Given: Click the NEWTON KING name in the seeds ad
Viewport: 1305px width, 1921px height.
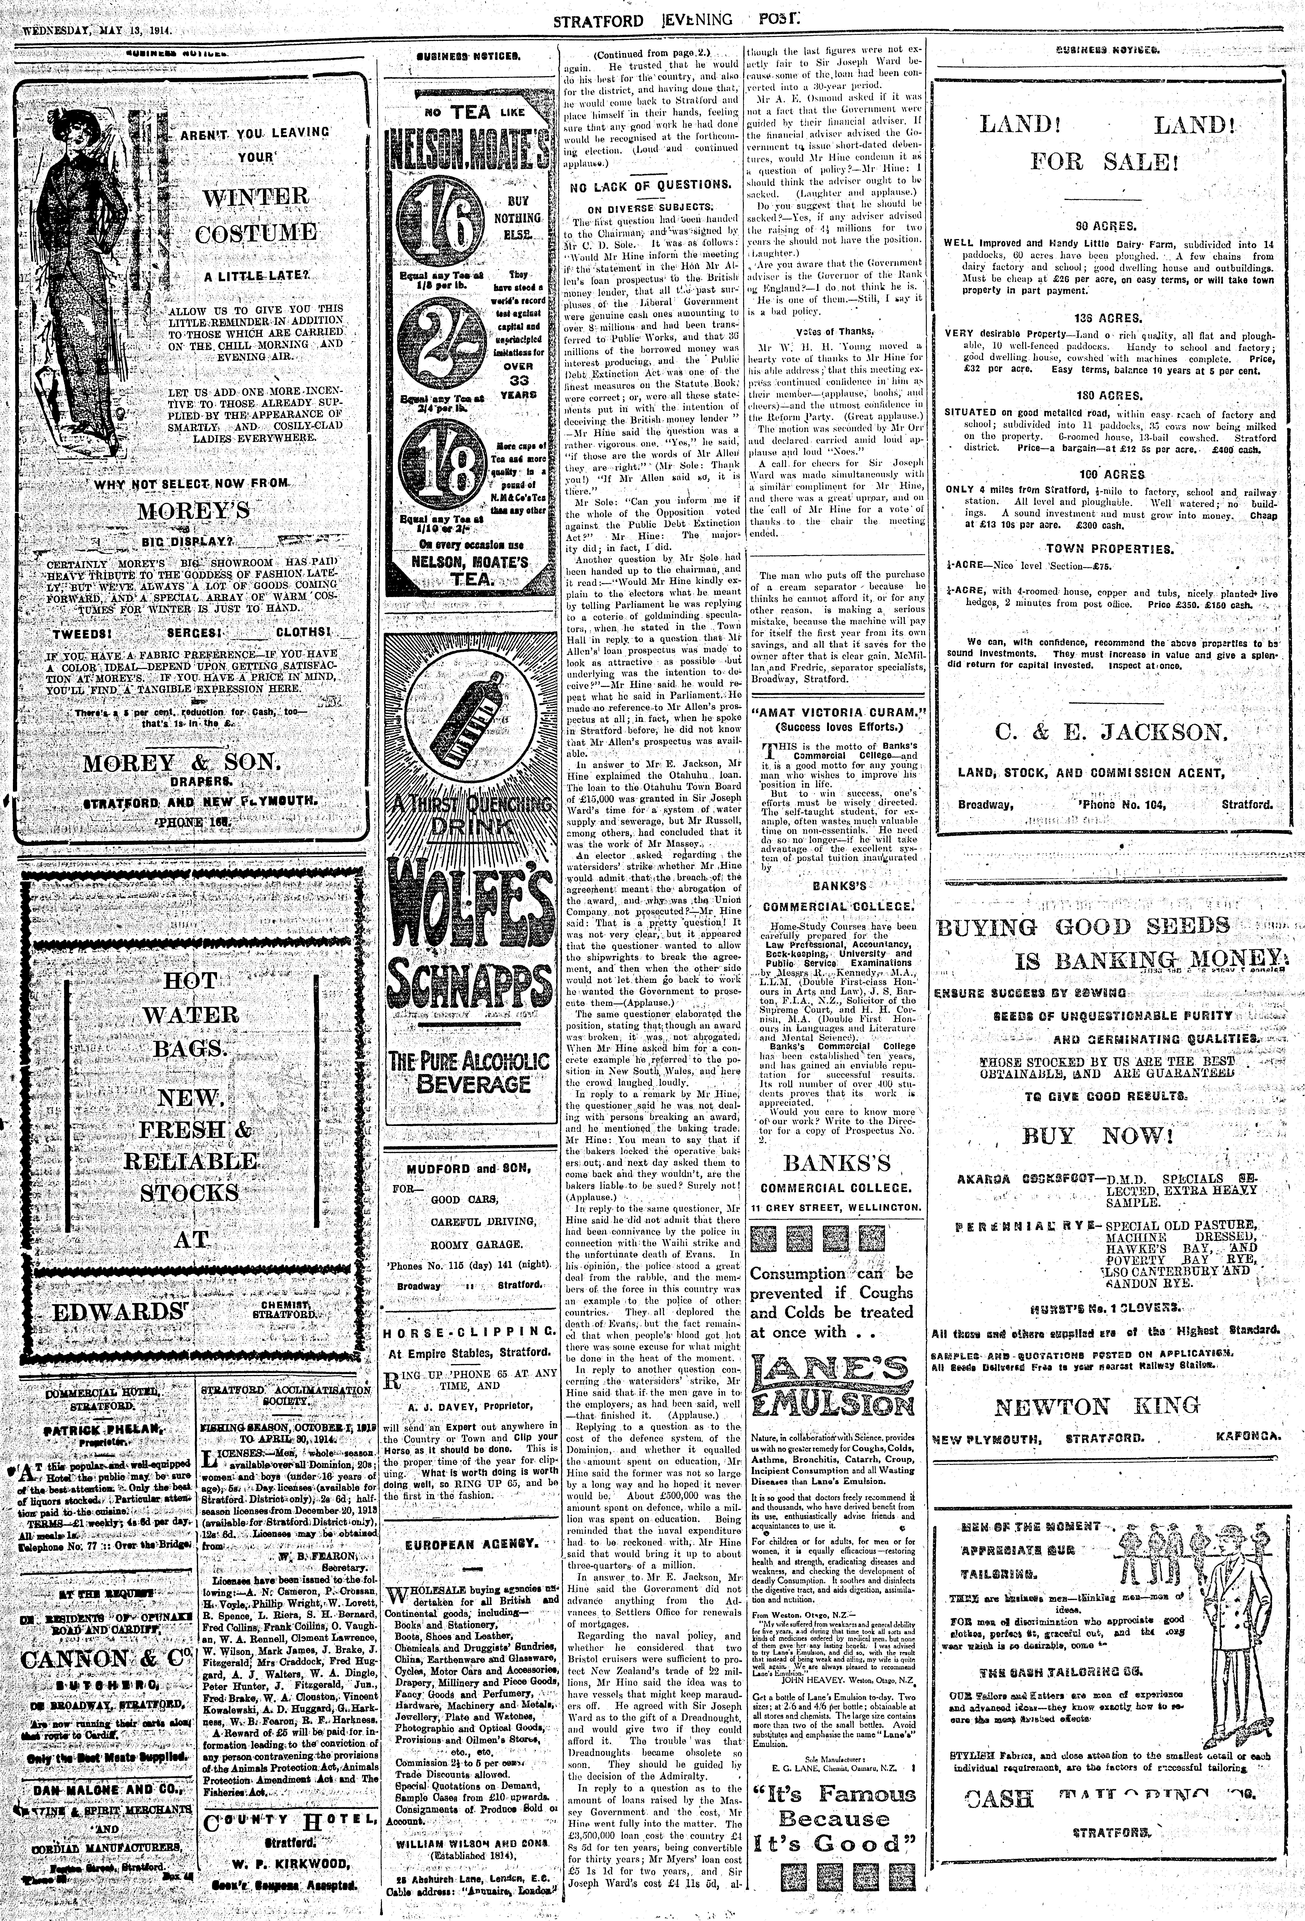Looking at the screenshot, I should point(1097,1406).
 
